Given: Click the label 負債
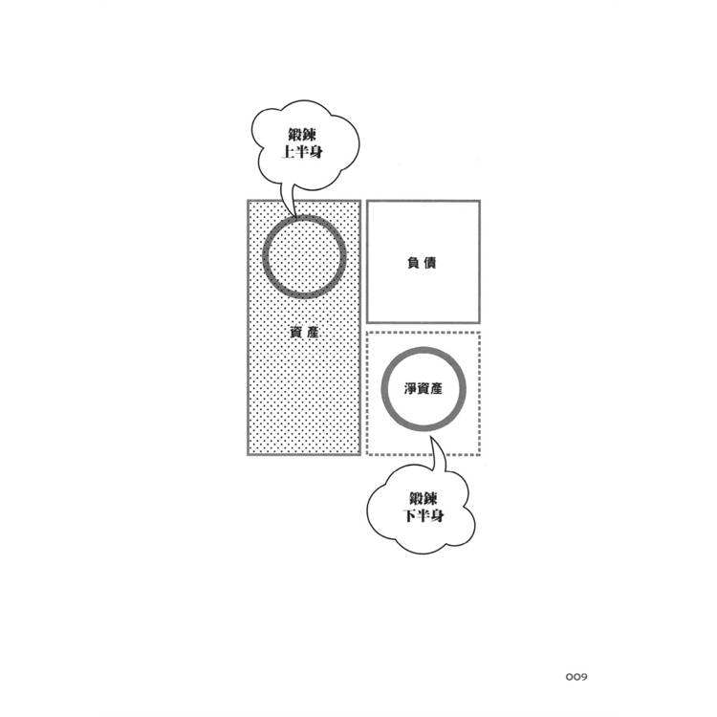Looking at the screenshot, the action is coord(422,263).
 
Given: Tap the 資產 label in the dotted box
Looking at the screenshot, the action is coord(304,333).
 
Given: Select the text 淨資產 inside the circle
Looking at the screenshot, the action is coord(424,389).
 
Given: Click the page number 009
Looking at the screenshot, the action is coord(576,677).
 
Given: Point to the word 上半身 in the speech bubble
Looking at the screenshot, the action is coord(302,152).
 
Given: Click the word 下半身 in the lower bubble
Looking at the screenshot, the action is coord(424,516).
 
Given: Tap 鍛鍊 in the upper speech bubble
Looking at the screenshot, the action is coord(302,135).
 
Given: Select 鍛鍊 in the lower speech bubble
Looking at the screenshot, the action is coord(424,498).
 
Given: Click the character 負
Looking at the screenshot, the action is coord(413,263).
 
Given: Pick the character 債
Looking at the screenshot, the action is coord(430,263).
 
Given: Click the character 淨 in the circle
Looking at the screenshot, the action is coord(410,389).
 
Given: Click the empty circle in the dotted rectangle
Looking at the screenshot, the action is coord(263,257).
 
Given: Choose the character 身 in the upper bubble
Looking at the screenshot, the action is coord(316,152).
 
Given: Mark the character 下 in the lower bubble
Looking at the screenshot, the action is coord(410,516).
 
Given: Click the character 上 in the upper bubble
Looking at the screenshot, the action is coord(288,152).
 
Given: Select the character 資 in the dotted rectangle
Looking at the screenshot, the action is coord(296,333).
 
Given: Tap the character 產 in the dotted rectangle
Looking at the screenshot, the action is coord(313,333).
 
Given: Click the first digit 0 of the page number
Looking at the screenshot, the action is coord(569,677).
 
